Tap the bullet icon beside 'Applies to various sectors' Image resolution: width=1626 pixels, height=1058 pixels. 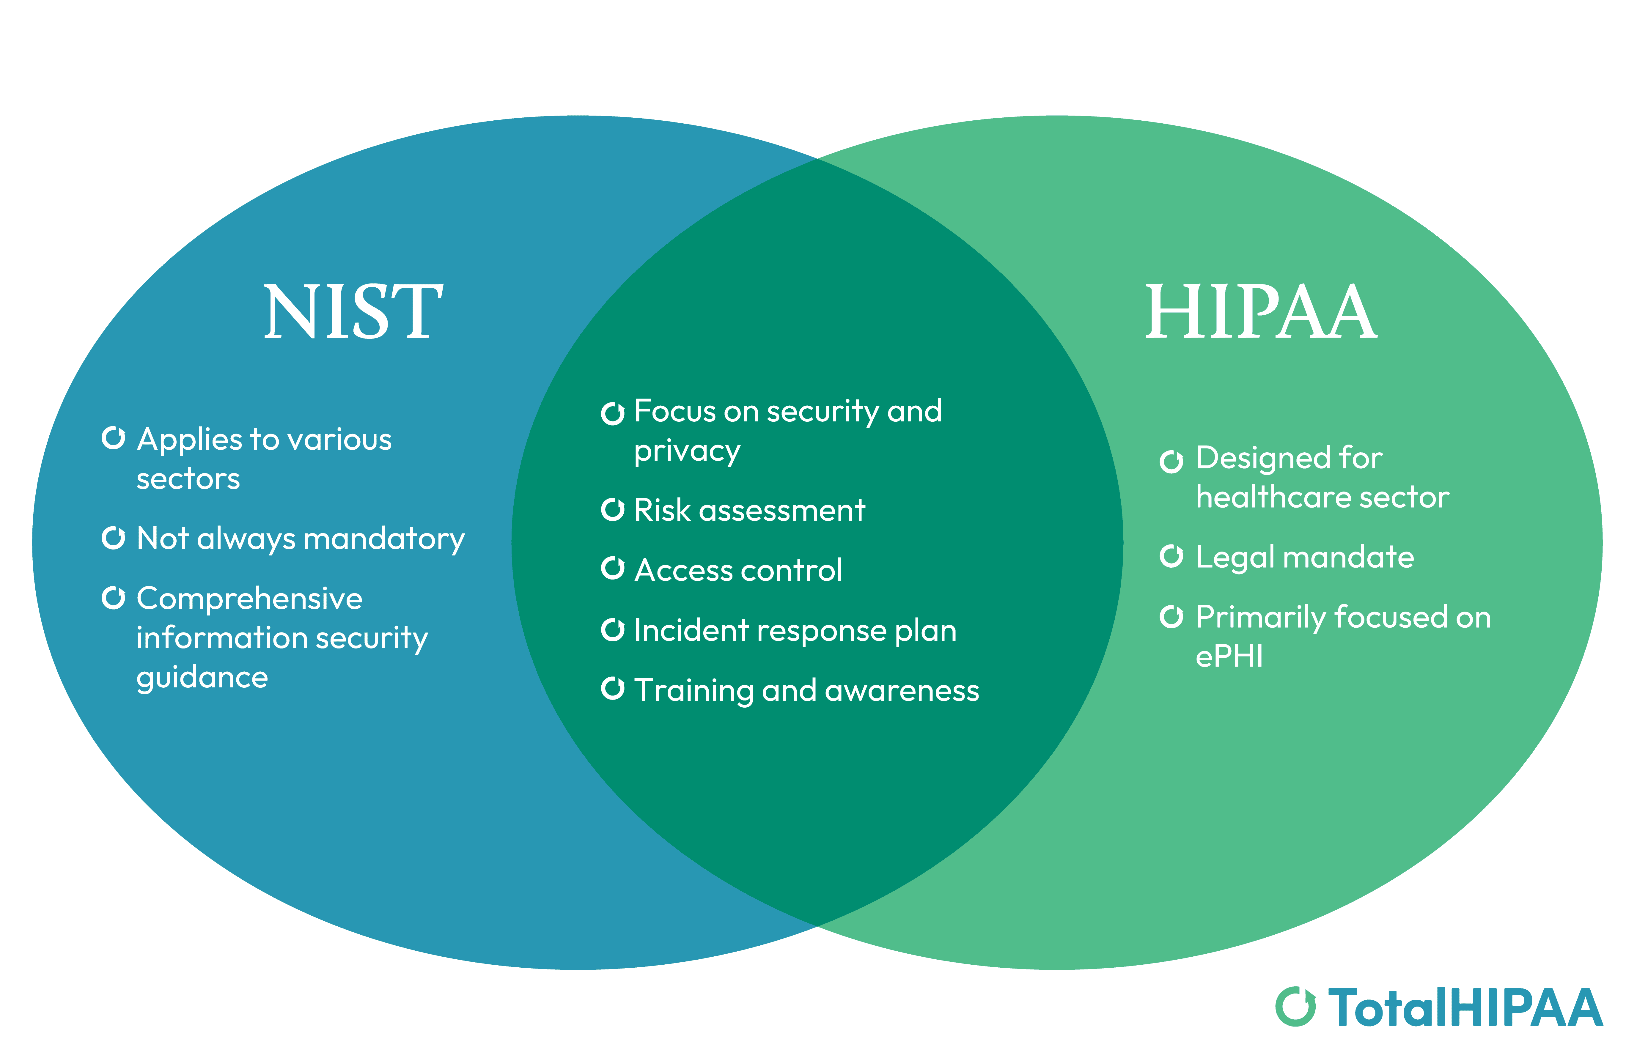pyautogui.click(x=114, y=438)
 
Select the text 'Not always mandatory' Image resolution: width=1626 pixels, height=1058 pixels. pyautogui.click(x=301, y=539)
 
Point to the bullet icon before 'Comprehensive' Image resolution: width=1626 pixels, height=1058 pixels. pyautogui.click(x=114, y=598)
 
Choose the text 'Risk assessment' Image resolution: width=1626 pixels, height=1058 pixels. pyautogui.click(x=749, y=510)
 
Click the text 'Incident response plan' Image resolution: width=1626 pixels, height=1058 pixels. pyautogui.click(x=795, y=630)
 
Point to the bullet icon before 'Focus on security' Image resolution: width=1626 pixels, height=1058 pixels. pyautogui.click(x=613, y=413)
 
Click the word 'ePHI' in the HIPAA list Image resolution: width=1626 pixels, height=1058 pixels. pyautogui.click(x=1229, y=656)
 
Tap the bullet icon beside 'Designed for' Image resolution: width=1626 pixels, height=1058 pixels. pyautogui.click(x=1172, y=462)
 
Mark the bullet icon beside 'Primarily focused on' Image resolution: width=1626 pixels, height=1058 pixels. pyautogui.click(x=1172, y=616)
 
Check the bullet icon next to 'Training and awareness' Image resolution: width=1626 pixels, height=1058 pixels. pyautogui.click(x=613, y=689)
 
